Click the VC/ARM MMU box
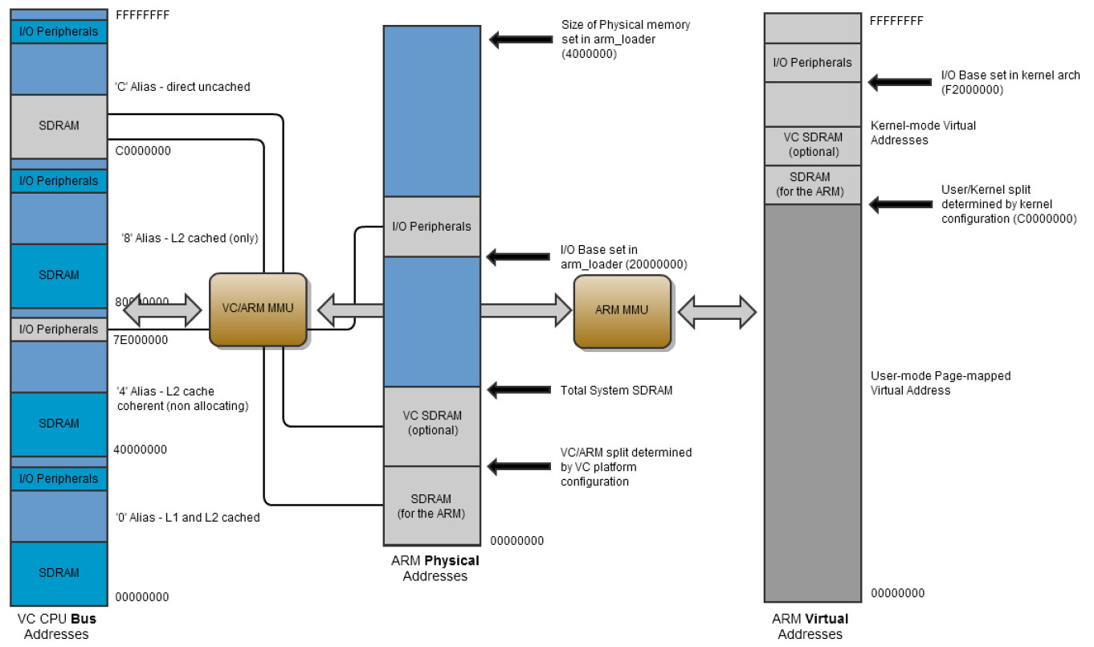pos(258,310)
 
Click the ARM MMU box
pos(622,311)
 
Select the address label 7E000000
pos(141,340)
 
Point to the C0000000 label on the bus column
pos(143,150)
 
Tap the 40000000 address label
pos(141,449)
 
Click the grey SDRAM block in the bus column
pos(59,126)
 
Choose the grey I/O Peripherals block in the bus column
pos(59,329)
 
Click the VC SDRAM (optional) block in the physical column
pos(431,423)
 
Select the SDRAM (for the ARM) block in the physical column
pos(431,506)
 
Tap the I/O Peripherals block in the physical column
pos(431,227)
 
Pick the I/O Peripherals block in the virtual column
pos(811,63)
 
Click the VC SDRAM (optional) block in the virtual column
pos(811,145)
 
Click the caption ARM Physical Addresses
pos(435,568)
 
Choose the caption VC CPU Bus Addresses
pos(56,627)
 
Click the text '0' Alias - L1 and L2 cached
pos(187,518)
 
